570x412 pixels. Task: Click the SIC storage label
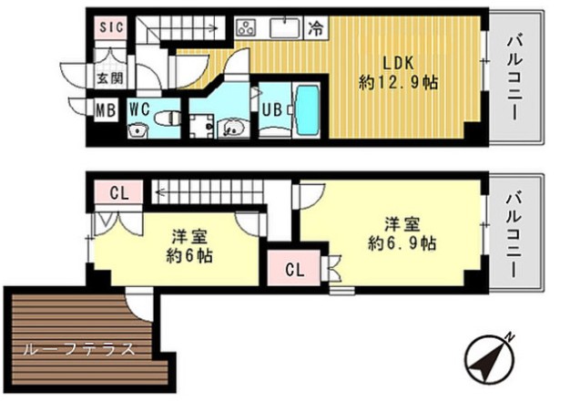coord(111,28)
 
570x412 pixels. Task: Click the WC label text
coord(139,108)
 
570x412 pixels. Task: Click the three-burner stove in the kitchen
coord(246,28)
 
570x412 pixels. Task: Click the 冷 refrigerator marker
coord(315,28)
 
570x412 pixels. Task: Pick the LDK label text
coord(398,63)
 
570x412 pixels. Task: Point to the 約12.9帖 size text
coord(398,82)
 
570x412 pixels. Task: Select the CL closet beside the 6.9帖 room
coord(294,269)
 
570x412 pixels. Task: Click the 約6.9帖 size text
coord(402,243)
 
